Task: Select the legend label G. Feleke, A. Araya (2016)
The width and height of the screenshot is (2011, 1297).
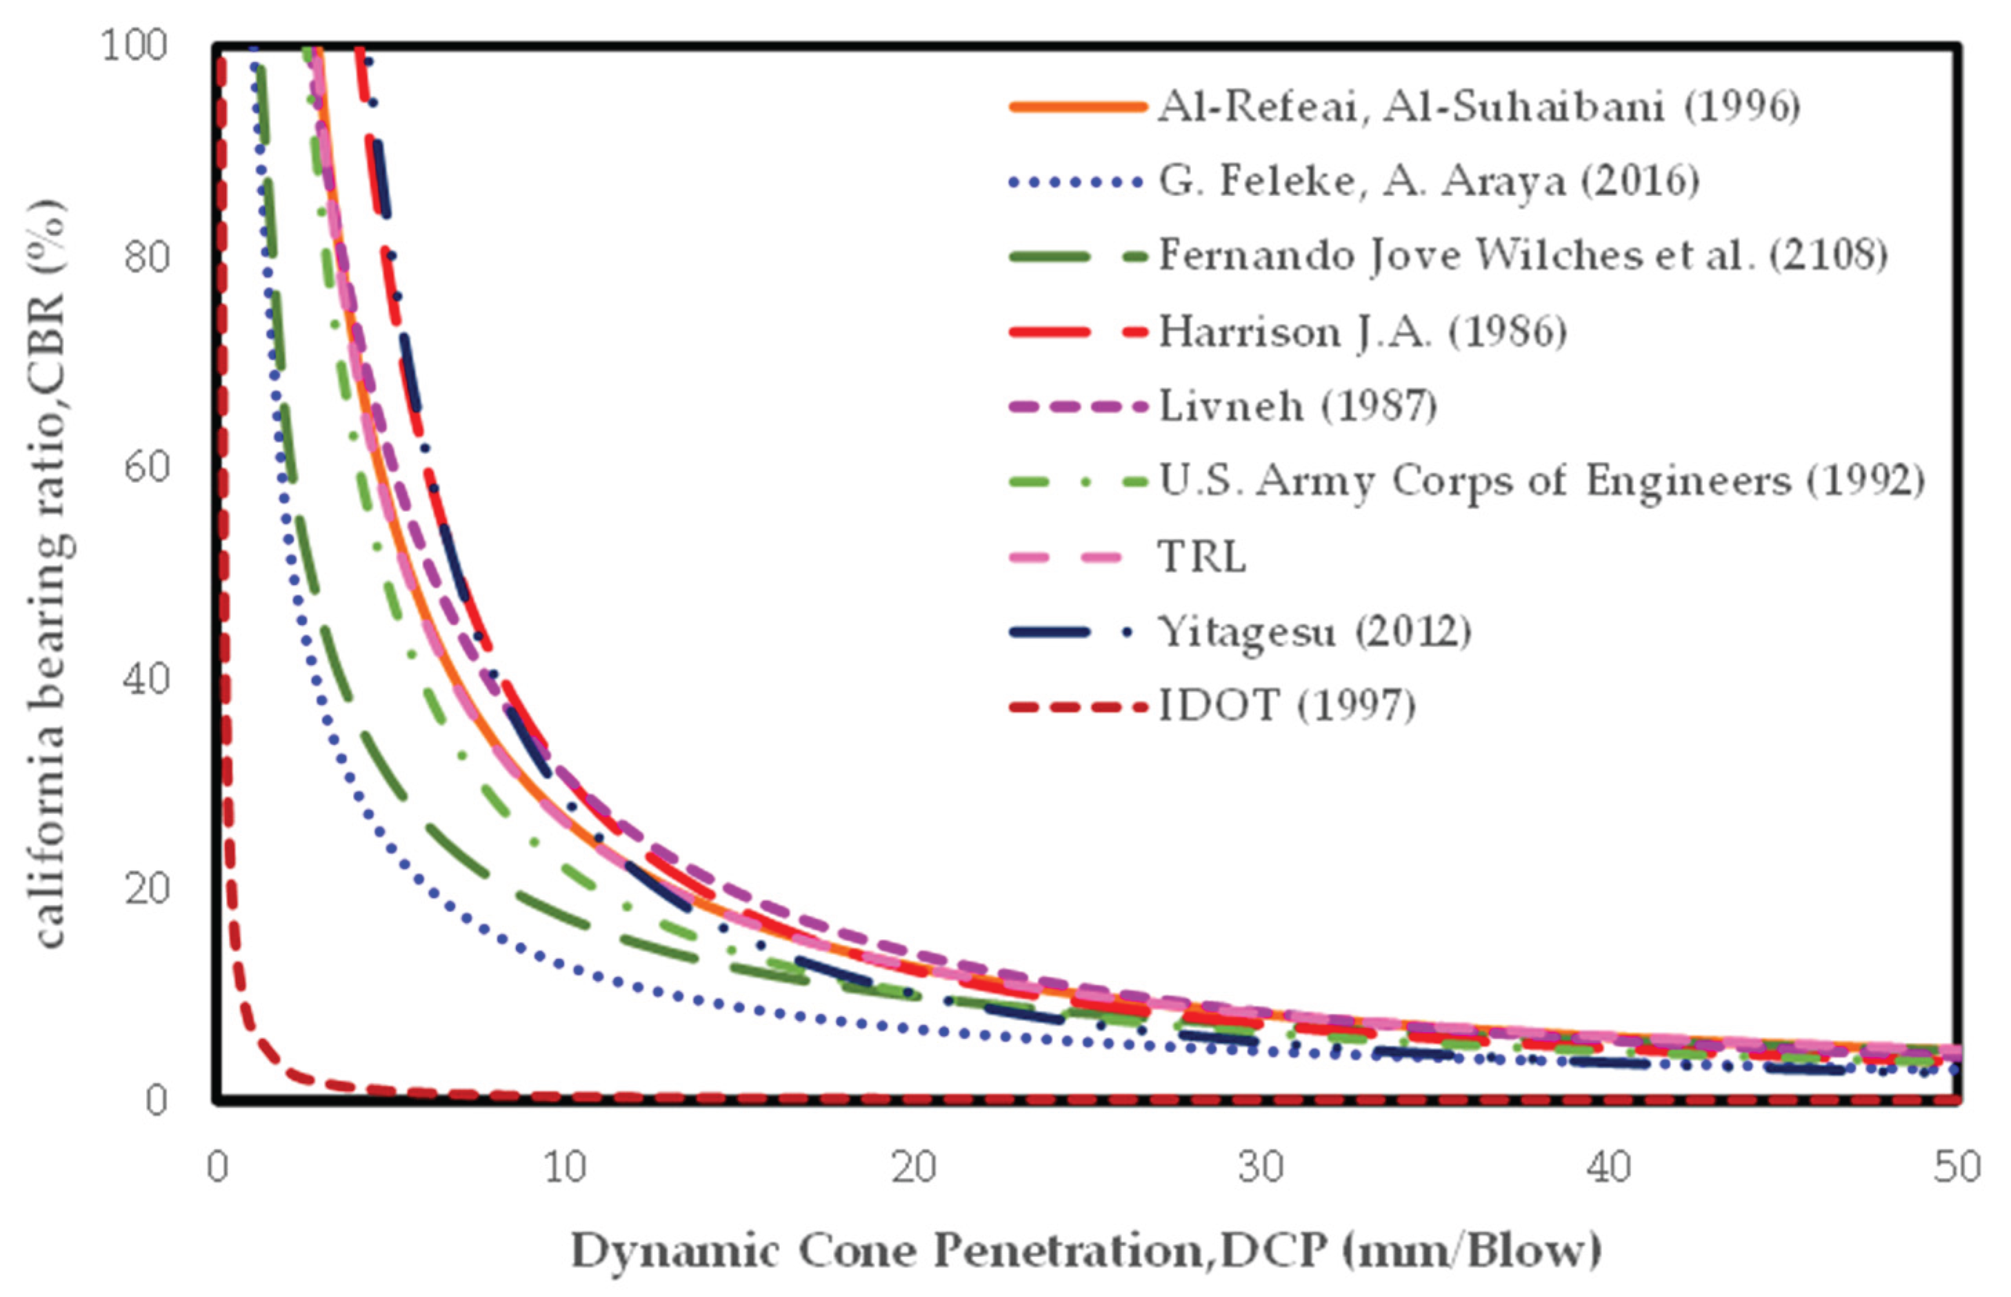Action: click(1428, 181)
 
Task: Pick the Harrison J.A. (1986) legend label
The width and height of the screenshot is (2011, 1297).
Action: click(1363, 332)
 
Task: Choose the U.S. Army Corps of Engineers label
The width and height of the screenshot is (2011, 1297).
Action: click(1541, 482)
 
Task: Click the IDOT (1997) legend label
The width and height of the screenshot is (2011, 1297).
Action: click(1287, 706)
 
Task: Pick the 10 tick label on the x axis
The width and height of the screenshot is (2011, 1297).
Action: click(565, 1167)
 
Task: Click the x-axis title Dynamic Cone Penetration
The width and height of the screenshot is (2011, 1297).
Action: click(1086, 1251)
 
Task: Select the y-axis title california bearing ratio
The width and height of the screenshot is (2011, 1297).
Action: click(50, 573)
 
